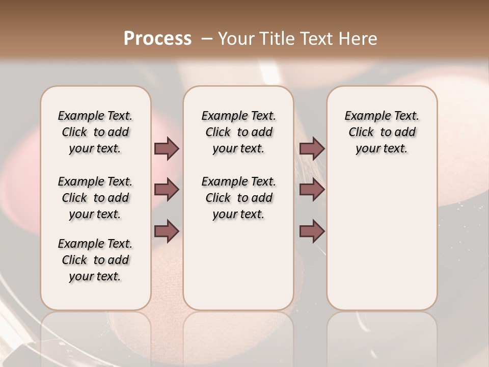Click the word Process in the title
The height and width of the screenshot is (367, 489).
coord(157,39)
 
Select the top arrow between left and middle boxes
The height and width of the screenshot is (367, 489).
coord(167,148)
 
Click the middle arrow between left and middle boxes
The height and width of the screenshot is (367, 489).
coord(167,190)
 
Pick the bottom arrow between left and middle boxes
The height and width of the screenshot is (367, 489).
coord(167,231)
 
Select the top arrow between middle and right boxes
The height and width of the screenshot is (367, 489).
coord(312,148)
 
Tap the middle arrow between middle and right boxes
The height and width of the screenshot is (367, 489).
coord(312,190)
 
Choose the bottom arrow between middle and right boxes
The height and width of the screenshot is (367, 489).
coord(312,231)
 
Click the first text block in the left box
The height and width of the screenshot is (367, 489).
coord(95,132)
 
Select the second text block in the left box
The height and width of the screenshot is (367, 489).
coord(95,198)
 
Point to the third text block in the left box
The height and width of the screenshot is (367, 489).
coord(95,260)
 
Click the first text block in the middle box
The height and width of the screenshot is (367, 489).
coord(238,132)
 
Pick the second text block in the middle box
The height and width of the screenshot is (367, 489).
coord(238,198)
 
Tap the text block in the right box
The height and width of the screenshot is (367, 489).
coord(382,132)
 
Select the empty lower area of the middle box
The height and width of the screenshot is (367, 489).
coord(238,265)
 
